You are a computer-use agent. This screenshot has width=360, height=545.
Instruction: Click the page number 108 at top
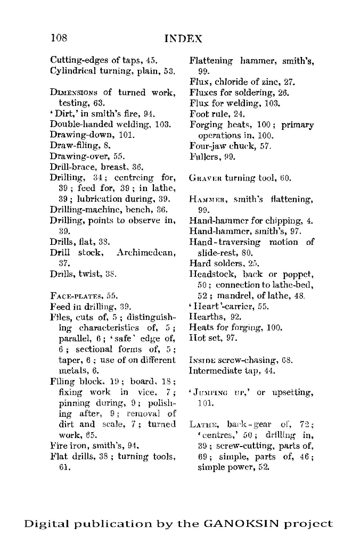pos(59,38)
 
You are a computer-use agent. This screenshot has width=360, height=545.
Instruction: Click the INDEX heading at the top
pos(183,39)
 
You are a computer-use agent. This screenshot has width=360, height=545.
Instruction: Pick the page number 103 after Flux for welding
pos(272,103)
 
